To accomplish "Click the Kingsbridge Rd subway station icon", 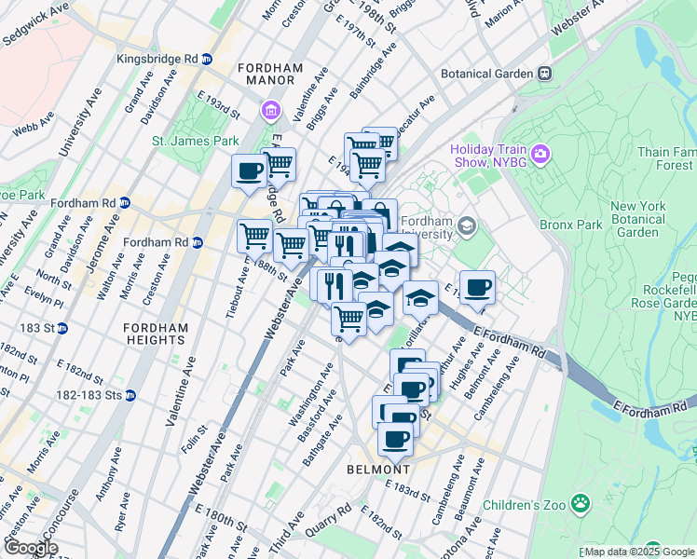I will tap(207, 59).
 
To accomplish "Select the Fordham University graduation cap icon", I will tap(466, 225).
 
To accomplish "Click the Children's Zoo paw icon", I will tap(581, 504).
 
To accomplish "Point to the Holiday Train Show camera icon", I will tap(540, 152).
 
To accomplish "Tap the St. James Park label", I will tap(196, 142).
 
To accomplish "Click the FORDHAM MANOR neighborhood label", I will tap(272, 75).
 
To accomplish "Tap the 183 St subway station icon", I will tap(61, 328).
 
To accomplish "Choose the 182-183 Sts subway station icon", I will tap(130, 395).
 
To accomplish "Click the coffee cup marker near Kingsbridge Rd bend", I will tap(250, 170).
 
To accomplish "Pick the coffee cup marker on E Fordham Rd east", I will tap(477, 287).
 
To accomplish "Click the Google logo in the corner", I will tap(31, 547).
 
